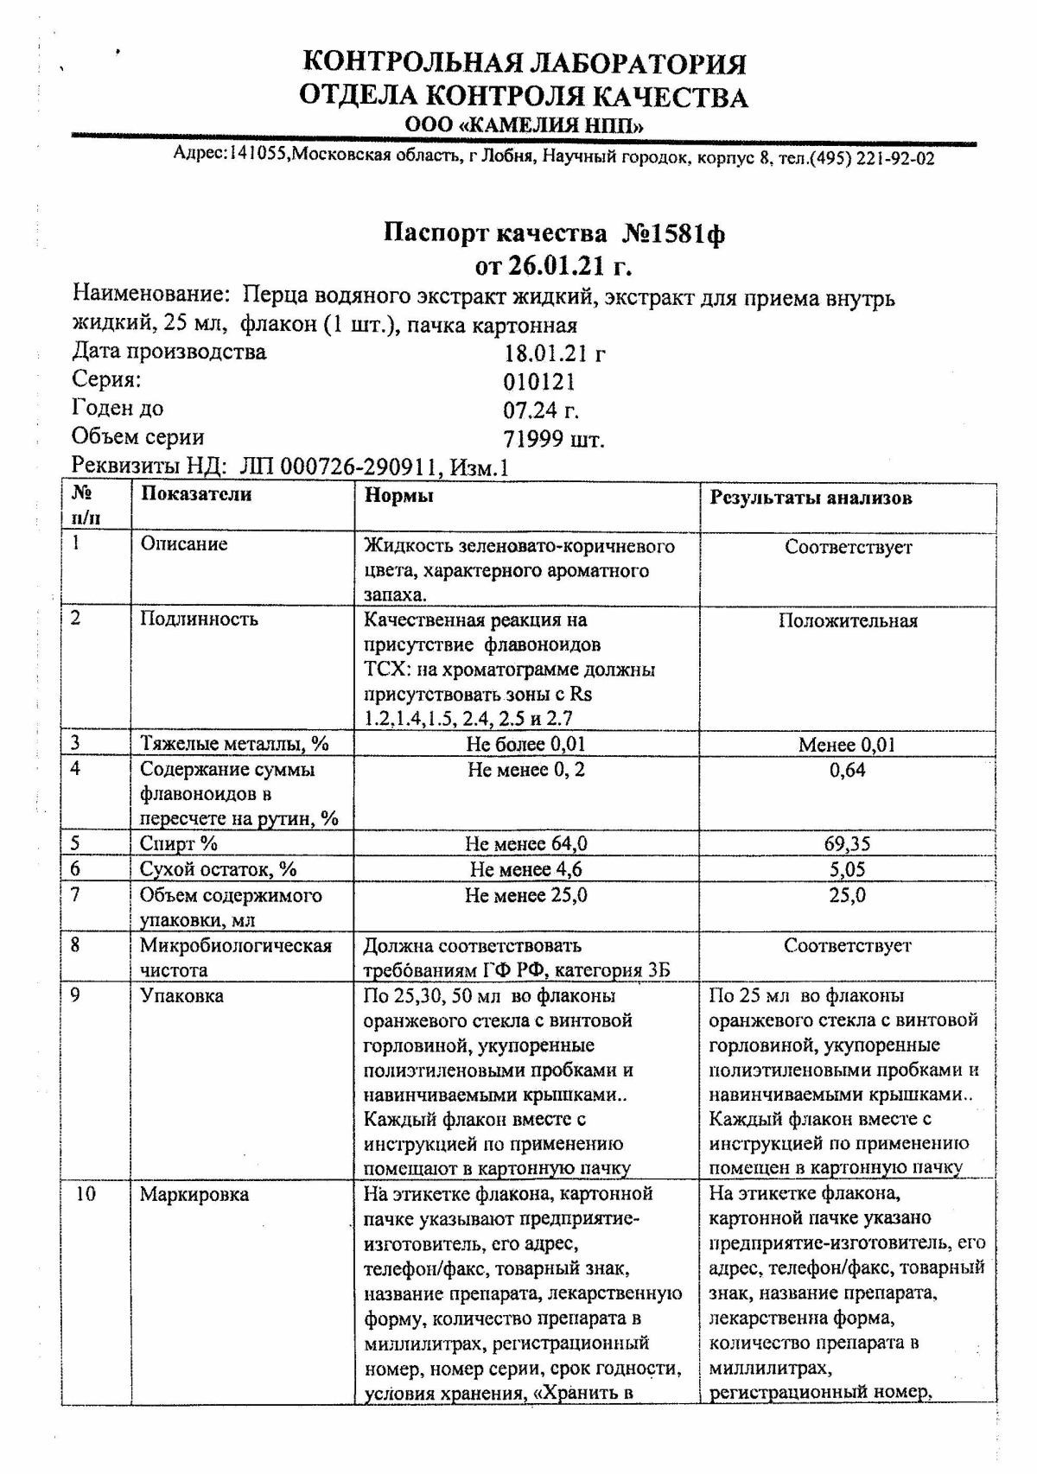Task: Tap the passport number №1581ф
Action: point(673,233)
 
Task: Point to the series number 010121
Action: point(539,382)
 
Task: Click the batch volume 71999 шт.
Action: point(554,439)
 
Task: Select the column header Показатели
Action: point(196,495)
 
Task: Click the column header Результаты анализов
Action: point(811,498)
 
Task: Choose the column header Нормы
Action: point(398,495)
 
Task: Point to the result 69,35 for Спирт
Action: point(847,844)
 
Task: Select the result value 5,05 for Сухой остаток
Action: point(847,870)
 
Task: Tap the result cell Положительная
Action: point(847,621)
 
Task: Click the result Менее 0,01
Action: point(847,745)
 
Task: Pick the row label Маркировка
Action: point(194,1195)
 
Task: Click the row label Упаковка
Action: point(181,996)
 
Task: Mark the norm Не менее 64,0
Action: point(526,844)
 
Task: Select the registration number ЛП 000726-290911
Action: point(338,467)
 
